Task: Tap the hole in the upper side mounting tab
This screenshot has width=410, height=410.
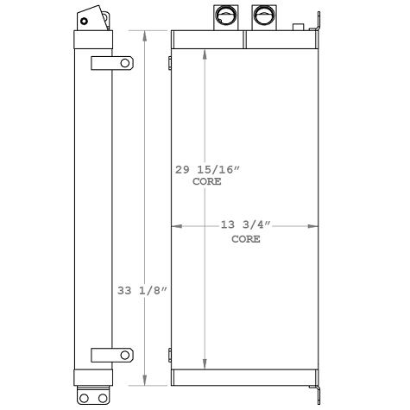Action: click(125, 63)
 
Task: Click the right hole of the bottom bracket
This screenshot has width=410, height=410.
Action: click(104, 397)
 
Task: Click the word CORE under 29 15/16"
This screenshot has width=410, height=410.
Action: click(205, 182)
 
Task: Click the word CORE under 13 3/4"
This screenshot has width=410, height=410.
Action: click(246, 239)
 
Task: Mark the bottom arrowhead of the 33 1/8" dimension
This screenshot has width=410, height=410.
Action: click(144, 382)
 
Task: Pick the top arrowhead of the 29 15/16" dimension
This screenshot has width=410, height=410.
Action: click(205, 51)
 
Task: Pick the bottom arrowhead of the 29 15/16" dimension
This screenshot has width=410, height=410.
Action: click(205, 366)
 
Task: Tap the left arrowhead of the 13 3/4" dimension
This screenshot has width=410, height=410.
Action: click(176, 226)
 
